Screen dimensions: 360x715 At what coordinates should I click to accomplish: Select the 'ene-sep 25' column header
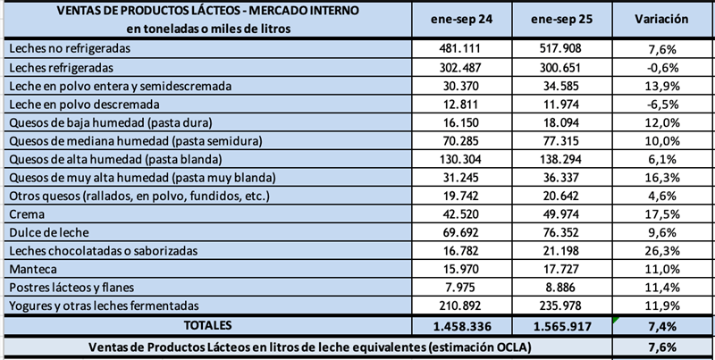point(561,19)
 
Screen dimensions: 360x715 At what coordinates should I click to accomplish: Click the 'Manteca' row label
point(29,268)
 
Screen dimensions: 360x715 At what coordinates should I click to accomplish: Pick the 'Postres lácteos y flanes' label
point(65,288)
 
